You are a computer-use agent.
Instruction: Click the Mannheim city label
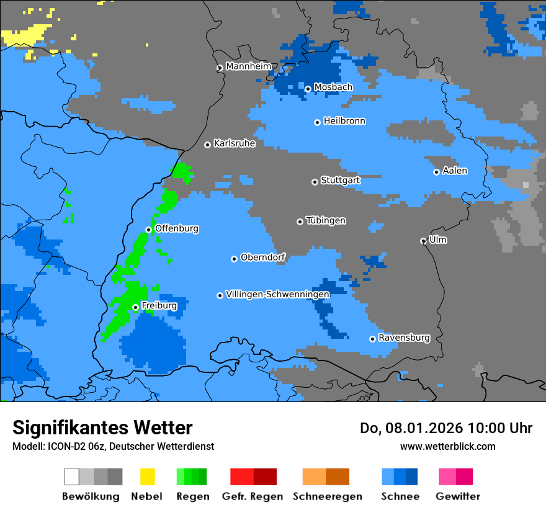[x=249, y=66]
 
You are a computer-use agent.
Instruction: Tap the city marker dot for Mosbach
[x=308, y=89]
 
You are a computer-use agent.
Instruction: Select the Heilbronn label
[x=344, y=121]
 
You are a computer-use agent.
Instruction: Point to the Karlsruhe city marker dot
[x=208, y=145]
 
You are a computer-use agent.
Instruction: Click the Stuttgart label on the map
[x=340, y=181]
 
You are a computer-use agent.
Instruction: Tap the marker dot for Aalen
[x=437, y=172]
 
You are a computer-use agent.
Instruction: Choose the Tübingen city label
[x=326, y=221]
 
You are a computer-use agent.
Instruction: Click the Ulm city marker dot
[x=424, y=241]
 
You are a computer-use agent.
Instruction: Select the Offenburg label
[x=177, y=228]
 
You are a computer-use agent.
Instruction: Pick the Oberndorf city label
[x=263, y=257]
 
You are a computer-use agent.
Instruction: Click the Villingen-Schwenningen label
[x=277, y=294]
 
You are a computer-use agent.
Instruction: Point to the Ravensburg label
[x=404, y=338]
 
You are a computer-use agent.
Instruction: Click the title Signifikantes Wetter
[x=102, y=428]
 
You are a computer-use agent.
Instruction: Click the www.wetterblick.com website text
[x=447, y=446]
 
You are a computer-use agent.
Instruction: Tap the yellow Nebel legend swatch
[x=147, y=477]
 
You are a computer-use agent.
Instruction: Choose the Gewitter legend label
[x=457, y=496]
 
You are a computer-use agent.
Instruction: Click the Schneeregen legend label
[x=327, y=496]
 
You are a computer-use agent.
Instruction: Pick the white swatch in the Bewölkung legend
[x=71, y=477]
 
